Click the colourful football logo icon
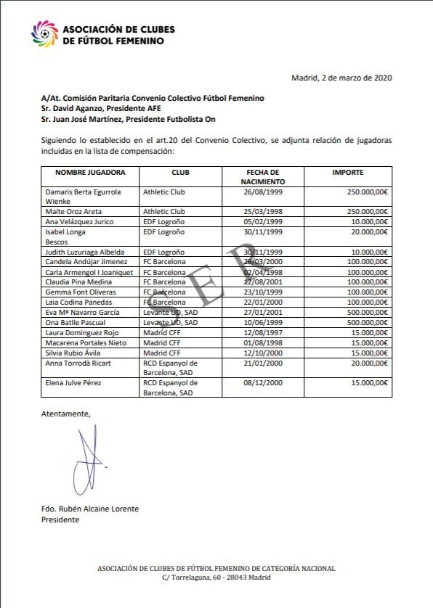coord(45,34)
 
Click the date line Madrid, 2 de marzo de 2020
coord(341,78)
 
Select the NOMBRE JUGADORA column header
coord(90,173)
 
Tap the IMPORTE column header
coord(347,173)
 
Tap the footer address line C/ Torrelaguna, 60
coord(216,578)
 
